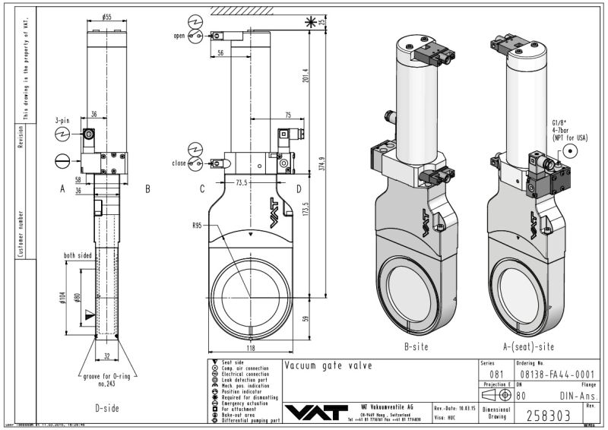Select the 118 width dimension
250,348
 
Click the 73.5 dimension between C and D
242,184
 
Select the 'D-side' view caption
109,409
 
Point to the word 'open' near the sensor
179,36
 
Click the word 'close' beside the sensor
179,163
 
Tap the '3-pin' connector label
63,121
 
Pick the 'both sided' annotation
78,256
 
